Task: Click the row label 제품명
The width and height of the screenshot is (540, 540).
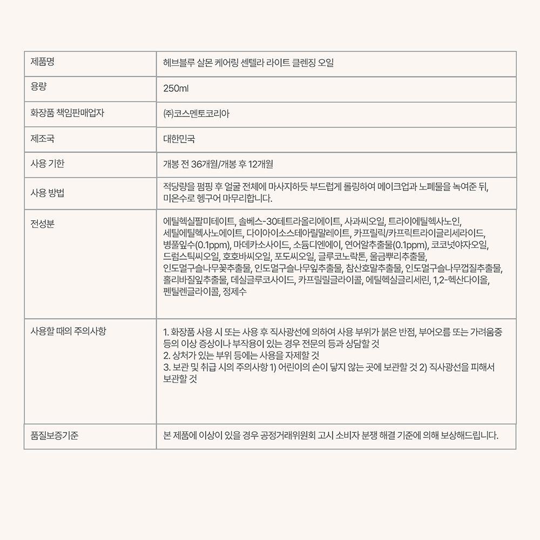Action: tap(43, 62)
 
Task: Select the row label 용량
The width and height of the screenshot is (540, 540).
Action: tap(38, 87)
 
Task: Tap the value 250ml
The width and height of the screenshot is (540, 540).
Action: tap(175, 89)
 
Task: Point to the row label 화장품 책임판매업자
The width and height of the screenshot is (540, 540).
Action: tap(67, 113)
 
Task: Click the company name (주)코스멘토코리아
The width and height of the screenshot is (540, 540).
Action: tap(196, 114)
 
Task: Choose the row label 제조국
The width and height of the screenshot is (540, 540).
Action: tap(43, 139)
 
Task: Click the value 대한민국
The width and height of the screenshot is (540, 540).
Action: tap(179, 139)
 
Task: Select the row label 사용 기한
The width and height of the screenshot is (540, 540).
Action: tap(48, 164)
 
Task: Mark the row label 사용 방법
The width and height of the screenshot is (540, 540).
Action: tap(48, 193)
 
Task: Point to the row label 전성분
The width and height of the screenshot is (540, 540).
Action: tap(43, 224)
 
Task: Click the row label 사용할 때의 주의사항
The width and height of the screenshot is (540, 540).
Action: tap(69, 330)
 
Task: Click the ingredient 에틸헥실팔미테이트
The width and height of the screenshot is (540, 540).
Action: tap(199, 221)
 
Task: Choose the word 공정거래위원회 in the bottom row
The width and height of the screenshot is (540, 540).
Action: tap(287, 436)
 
